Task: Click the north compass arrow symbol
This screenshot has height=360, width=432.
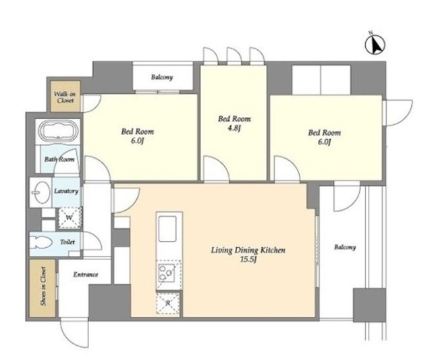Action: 375,43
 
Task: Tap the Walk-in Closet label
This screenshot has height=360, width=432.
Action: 65,97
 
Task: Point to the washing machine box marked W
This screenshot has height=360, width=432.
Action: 69,217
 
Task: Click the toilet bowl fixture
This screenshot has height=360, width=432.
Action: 40,243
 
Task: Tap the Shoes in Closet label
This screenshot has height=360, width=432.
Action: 43,286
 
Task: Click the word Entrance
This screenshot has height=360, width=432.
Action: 86,274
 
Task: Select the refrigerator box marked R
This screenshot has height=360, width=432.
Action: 168,303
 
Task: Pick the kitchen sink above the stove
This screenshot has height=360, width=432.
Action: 167,229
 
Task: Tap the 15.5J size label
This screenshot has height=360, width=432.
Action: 248,259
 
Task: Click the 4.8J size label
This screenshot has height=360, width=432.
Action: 234,128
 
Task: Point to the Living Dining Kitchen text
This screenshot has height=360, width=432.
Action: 248,251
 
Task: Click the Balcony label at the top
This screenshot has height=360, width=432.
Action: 162,77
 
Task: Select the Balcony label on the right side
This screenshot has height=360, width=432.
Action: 345,247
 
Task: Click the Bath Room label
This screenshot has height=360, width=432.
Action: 59,159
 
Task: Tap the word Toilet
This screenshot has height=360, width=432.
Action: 67,242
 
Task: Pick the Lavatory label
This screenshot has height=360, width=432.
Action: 66,191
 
